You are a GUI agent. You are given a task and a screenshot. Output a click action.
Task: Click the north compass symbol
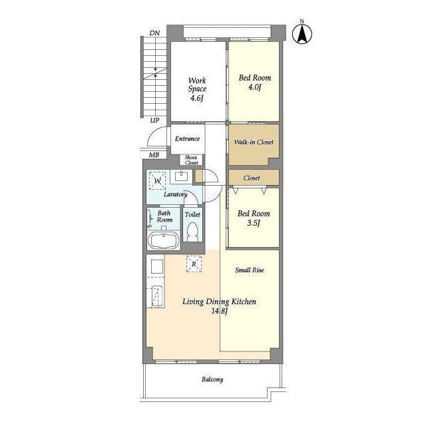302,33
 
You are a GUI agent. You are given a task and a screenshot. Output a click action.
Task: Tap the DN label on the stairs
154,33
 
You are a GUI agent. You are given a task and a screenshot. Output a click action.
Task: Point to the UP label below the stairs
154,120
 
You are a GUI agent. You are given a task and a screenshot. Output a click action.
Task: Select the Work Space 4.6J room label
197,89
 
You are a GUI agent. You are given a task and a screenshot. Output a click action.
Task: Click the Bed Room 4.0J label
255,83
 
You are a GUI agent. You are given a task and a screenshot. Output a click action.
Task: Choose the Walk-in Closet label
254,142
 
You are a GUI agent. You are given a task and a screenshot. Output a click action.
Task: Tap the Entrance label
187,138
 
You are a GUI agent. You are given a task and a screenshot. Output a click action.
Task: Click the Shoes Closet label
191,160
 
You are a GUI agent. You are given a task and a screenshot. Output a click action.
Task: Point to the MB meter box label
154,155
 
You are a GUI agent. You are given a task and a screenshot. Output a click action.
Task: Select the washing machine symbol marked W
158,180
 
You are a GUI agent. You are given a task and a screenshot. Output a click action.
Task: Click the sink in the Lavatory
181,176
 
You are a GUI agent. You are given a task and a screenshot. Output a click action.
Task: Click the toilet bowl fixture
192,232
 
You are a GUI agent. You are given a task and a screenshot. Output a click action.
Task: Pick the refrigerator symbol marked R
194,264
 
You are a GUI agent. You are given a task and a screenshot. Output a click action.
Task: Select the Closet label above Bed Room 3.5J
252,178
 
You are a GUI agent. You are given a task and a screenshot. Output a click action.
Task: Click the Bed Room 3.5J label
254,218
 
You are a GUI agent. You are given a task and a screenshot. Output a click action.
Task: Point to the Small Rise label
250,270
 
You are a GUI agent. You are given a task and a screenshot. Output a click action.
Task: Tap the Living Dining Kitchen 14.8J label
219,306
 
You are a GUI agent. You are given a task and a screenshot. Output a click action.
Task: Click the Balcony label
212,379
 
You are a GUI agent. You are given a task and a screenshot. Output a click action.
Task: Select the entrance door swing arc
153,133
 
